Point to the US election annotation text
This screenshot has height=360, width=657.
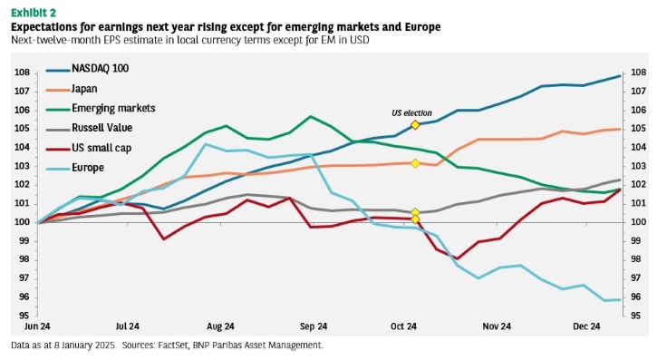(x=411, y=113)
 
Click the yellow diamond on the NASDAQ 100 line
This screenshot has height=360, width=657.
(x=415, y=125)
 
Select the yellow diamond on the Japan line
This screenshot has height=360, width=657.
(x=415, y=163)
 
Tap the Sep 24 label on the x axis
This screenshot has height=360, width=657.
(x=314, y=326)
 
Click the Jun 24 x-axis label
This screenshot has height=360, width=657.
(x=37, y=326)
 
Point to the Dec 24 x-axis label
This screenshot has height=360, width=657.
(x=586, y=326)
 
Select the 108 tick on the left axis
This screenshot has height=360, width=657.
(x=23, y=73)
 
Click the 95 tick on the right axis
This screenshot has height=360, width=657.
(x=635, y=316)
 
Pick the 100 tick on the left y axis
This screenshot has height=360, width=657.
(x=23, y=222)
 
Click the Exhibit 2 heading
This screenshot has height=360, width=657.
(x=34, y=13)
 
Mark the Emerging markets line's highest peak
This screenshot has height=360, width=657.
(x=310, y=116)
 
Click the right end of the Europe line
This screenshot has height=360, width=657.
(x=620, y=299)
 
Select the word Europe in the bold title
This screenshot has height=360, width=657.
(x=422, y=27)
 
